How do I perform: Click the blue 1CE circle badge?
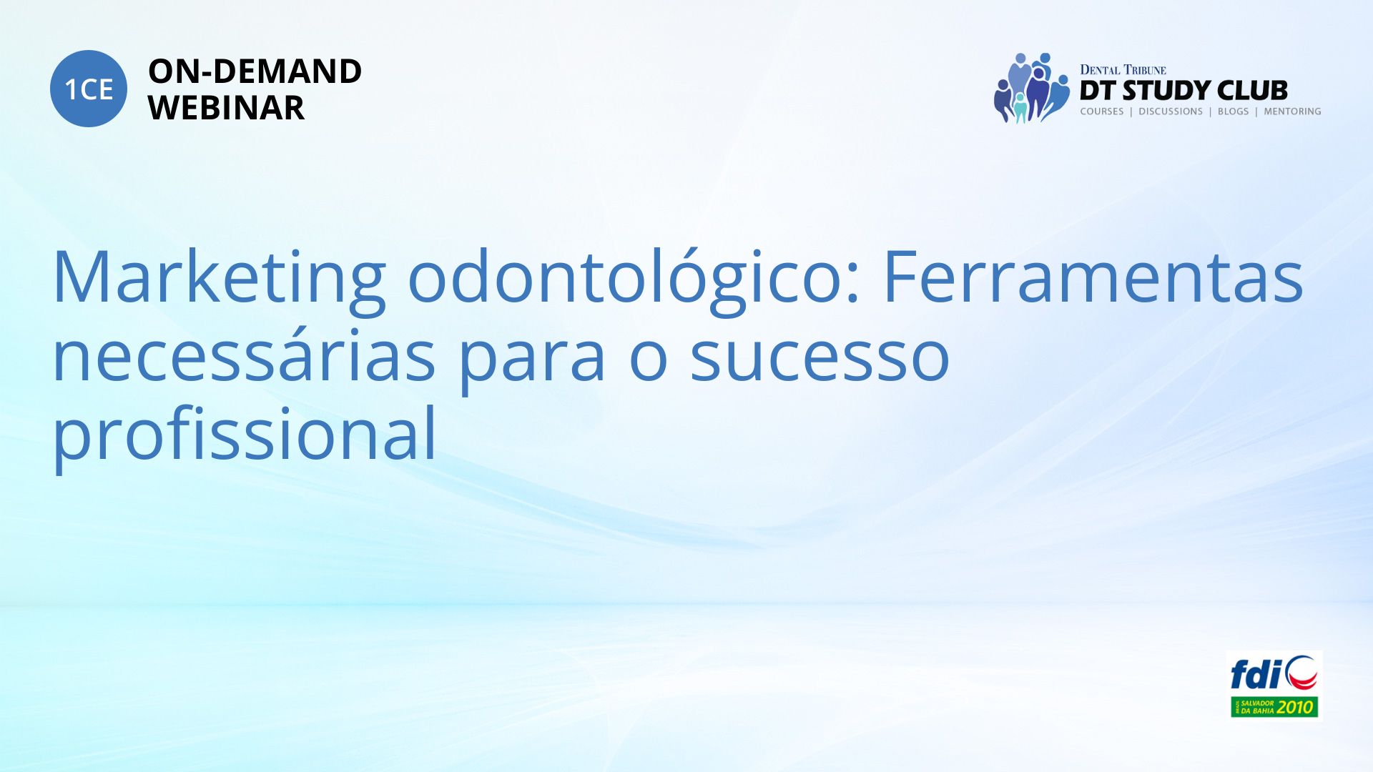(89, 89)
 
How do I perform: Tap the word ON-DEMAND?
(255, 71)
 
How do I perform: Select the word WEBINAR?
(226, 108)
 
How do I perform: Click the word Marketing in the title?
(219, 279)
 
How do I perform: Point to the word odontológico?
(634, 279)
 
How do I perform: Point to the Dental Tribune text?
(1123, 70)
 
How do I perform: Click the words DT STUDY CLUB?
(1183, 91)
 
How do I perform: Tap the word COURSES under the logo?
(1102, 112)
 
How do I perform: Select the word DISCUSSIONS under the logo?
(1171, 112)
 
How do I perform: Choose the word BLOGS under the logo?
(1233, 112)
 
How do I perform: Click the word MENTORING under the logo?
(1292, 112)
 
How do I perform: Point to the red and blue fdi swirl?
(1301, 673)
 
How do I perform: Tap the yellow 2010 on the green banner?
(1296, 708)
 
